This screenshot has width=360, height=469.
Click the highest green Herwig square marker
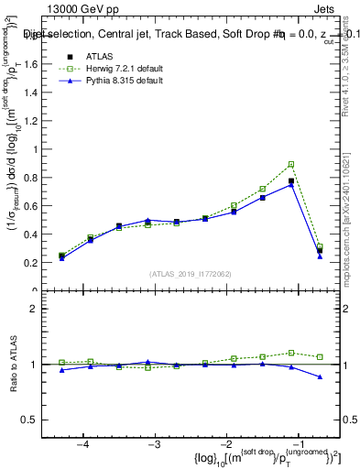pyautogui.click(x=291, y=165)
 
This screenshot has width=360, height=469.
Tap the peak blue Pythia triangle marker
pyautogui.click(x=291, y=184)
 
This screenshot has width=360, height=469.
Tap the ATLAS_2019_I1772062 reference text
pyautogui.click(x=190, y=273)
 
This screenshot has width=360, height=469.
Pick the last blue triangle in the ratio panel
pyautogui.click(x=320, y=376)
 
